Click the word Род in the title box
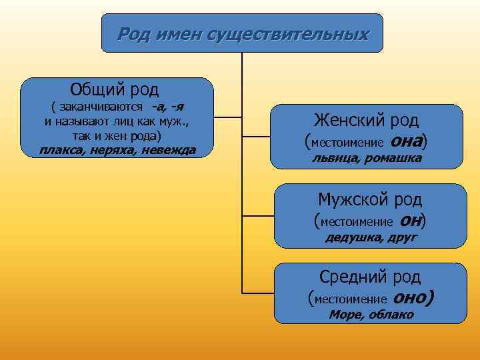[x=133, y=34]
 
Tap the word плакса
[x=61, y=149]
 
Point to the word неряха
[x=113, y=149]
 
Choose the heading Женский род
[x=366, y=121]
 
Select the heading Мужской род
[x=370, y=199]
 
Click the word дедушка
[x=353, y=237]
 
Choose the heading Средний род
[x=370, y=277]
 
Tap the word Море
[x=345, y=315]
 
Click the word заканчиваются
[x=101, y=107]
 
